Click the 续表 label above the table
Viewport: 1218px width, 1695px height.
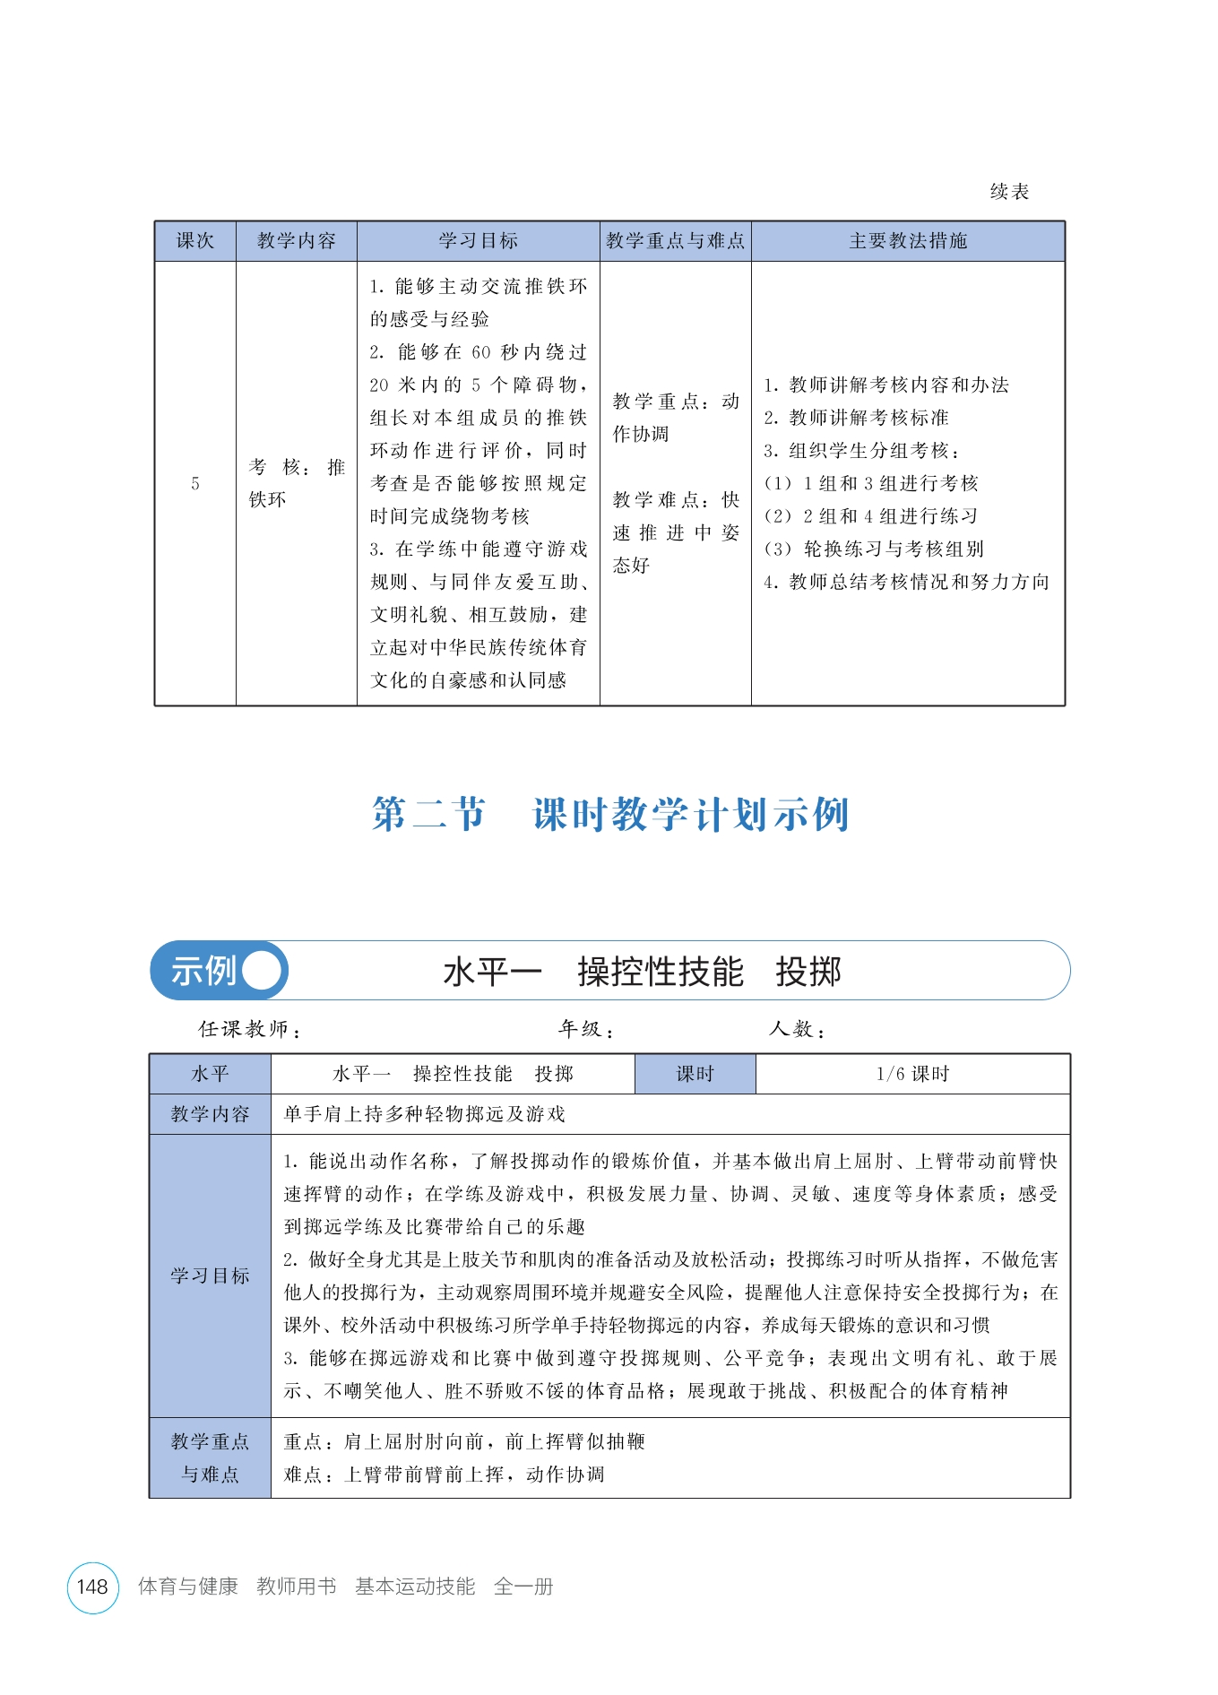(x=1009, y=191)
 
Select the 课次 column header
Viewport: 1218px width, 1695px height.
(x=194, y=241)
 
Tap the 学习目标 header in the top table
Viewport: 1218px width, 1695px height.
(x=478, y=241)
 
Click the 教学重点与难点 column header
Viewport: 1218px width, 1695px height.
(x=675, y=241)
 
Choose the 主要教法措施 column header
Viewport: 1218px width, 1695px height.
(x=908, y=241)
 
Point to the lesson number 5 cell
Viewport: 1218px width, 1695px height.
(x=194, y=484)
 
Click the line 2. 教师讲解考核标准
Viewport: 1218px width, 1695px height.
(x=856, y=418)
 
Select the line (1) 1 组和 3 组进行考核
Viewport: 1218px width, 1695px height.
(x=870, y=484)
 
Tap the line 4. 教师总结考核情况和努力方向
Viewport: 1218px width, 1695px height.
(x=906, y=583)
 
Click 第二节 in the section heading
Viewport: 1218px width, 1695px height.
(x=428, y=815)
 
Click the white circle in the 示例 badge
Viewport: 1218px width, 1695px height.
(x=262, y=971)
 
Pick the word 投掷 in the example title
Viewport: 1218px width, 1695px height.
(x=808, y=972)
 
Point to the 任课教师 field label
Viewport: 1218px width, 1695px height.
(x=249, y=1029)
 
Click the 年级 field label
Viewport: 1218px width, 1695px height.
(x=586, y=1029)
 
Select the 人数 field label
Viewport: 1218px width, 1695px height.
(x=796, y=1029)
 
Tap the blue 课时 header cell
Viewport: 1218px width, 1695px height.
(x=695, y=1074)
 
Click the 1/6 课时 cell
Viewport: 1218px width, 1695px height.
(x=912, y=1074)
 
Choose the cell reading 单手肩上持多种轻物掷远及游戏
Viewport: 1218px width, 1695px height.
(x=425, y=1114)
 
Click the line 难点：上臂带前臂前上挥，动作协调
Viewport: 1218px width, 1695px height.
(x=445, y=1474)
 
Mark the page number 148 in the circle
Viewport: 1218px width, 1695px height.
(x=92, y=1587)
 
